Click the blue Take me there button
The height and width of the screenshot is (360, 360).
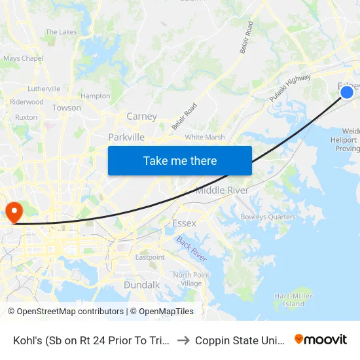(x=180, y=160)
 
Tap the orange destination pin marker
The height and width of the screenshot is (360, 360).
(x=13, y=211)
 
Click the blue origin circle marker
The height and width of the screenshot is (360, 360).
(x=347, y=92)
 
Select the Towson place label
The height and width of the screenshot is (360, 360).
(x=66, y=107)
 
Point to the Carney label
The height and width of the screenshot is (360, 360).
(x=141, y=117)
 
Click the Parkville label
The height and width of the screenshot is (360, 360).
(x=126, y=137)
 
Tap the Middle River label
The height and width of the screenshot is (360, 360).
(x=223, y=190)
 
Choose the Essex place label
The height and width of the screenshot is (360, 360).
(x=184, y=223)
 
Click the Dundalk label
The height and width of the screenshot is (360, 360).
(x=141, y=285)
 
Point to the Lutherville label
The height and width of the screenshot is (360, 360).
(x=44, y=88)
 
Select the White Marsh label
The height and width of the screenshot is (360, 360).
(x=204, y=137)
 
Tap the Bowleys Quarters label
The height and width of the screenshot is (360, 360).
(x=268, y=217)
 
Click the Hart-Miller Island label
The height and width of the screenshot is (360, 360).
(x=290, y=300)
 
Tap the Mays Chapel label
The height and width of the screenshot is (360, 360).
(x=23, y=58)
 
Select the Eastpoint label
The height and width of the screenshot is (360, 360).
(x=150, y=257)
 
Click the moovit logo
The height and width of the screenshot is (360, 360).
(x=321, y=340)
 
